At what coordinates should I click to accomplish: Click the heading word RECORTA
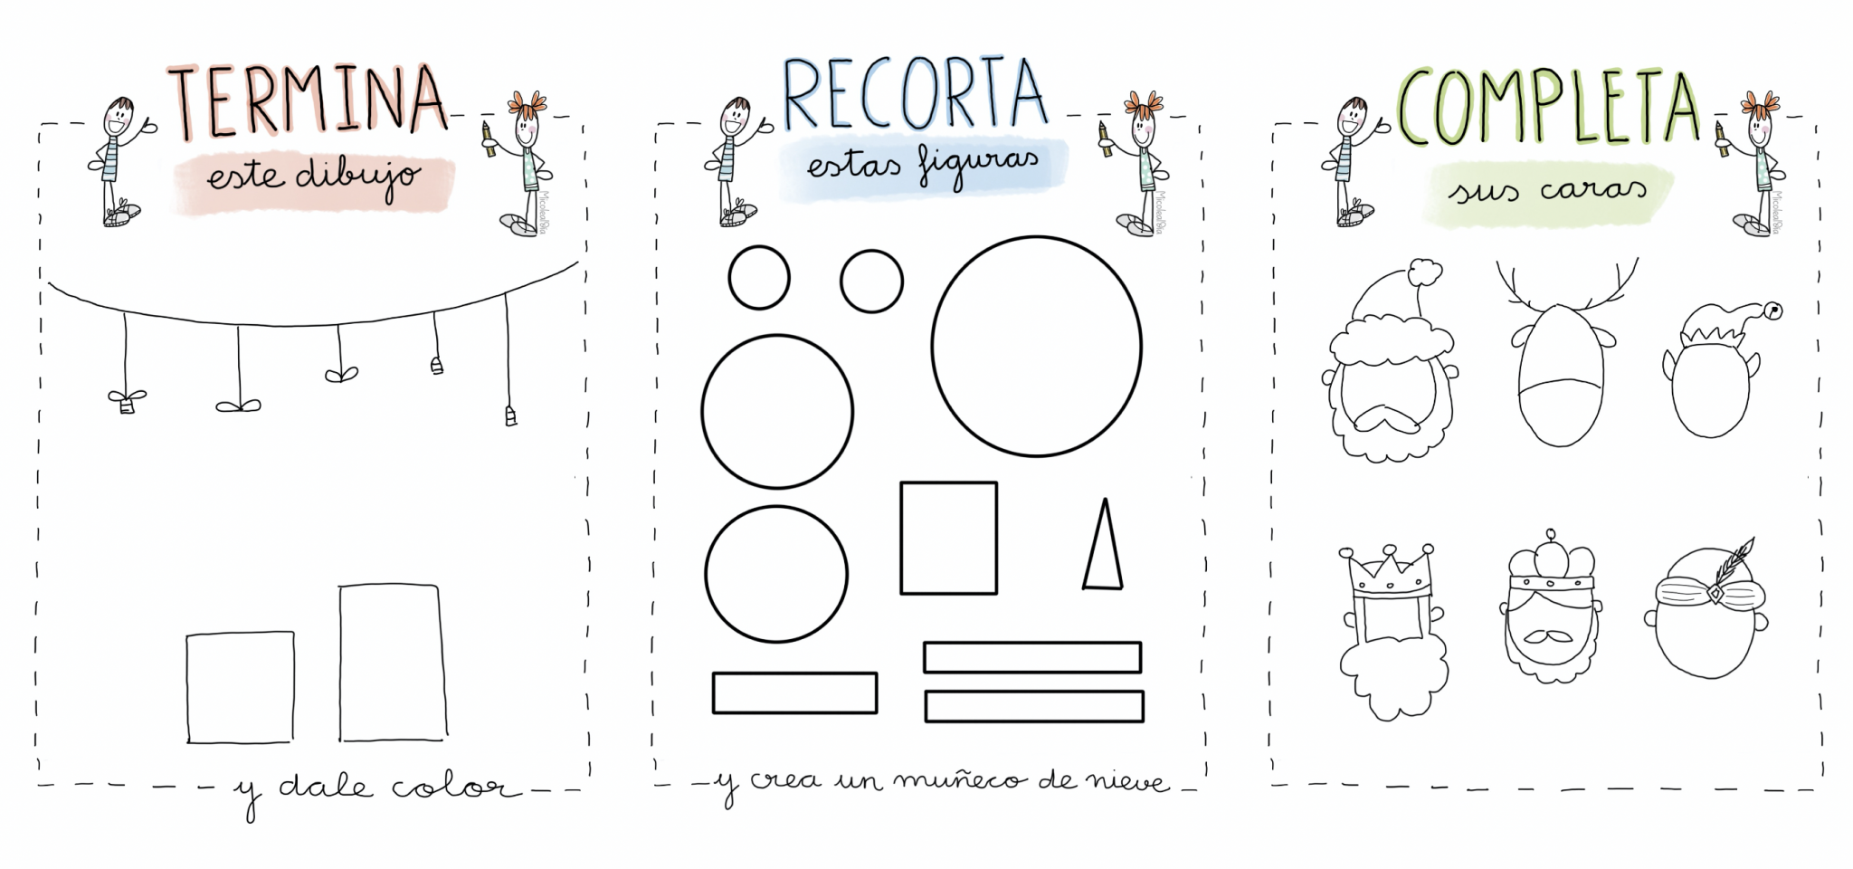[914, 95]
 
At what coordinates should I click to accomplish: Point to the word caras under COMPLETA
[1593, 190]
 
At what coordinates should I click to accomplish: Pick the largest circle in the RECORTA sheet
[1037, 346]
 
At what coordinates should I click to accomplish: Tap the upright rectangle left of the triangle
[948, 538]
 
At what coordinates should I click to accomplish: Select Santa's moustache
[1384, 418]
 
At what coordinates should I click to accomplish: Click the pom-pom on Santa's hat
[1425, 272]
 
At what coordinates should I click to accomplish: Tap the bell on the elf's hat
[1772, 311]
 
